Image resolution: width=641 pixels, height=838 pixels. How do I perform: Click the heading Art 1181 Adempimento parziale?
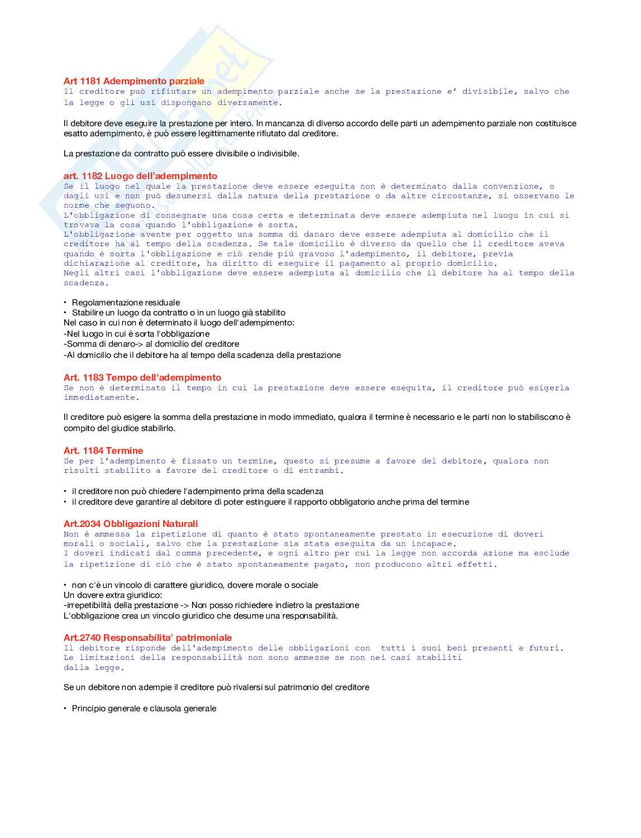(134, 82)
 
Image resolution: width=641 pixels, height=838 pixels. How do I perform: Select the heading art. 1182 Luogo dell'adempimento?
(140, 176)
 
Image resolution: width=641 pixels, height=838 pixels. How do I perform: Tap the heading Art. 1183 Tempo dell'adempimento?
(142, 378)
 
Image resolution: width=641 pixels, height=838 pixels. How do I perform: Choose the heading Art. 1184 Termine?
(103, 451)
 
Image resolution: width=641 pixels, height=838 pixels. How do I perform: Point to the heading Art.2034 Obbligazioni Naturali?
(131, 524)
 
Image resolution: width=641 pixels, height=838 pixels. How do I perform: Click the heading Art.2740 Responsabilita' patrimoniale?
(147, 638)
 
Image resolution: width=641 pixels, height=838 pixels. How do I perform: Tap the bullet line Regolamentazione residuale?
(126, 303)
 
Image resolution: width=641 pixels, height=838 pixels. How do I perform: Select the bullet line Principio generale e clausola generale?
(143, 708)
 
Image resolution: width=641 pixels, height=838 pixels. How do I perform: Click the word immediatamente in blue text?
(99, 398)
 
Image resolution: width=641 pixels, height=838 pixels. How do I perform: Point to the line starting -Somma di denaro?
(151, 344)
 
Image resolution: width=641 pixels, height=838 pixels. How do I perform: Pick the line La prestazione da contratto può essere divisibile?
(181, 154)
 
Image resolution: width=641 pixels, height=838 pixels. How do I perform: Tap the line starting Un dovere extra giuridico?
(113, 596)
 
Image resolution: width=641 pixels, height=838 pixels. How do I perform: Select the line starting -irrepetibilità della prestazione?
(211, 606)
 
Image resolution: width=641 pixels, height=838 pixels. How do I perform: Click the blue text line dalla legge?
(93, 668)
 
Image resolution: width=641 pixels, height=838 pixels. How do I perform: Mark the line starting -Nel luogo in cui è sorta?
(137, 334)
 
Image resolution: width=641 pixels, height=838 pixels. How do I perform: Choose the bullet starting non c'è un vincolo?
(194, 586)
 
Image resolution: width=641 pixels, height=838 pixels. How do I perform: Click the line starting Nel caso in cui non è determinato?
(179, 323)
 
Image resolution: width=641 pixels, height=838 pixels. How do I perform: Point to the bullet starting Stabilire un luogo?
(178, 313)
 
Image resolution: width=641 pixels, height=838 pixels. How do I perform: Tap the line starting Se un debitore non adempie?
(216, 688)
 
